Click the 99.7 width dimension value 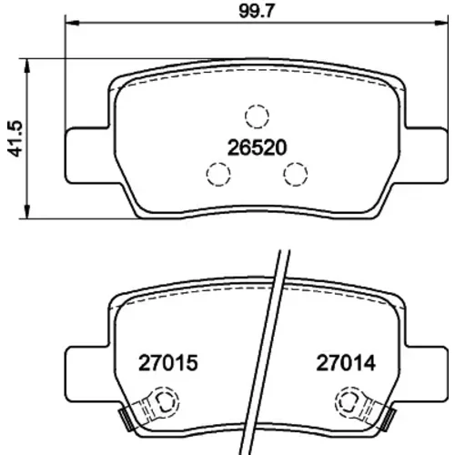click(x=257, y=12)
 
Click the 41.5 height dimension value click(x=15, y=138)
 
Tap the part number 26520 click(x=257, y=147)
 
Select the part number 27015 click(x=168, y=363)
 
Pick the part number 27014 click(x=346, y=363)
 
